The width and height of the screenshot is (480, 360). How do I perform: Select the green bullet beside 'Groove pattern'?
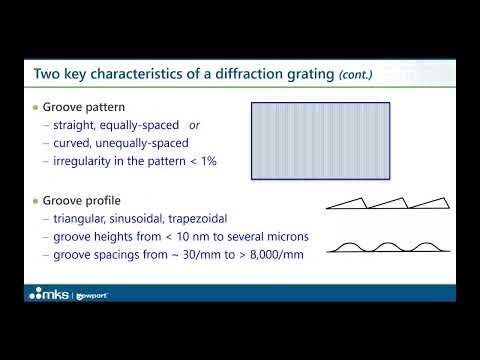pyautogui.click(x=36, y=108)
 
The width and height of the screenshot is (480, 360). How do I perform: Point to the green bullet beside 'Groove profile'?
pyautogui.click(x=36, y=199)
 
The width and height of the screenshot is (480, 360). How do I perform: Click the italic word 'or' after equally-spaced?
pyautogui.click(x=195, y=127)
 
